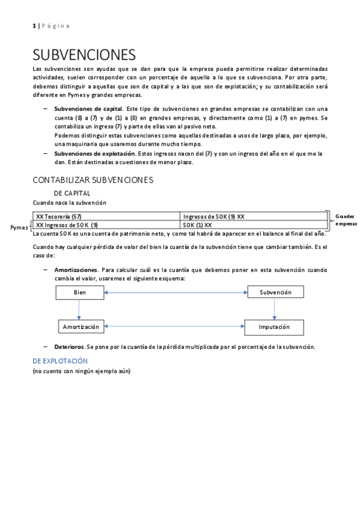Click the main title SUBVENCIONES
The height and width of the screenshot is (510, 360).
(84, 56)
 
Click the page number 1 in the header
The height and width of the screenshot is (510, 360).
(34, 25)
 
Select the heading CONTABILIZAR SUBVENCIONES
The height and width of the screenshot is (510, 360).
(93, 180)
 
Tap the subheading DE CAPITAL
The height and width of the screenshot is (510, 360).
(72, 193)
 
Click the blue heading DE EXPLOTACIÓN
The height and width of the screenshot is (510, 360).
(60, 361)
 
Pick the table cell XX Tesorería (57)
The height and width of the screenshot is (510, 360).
(59, 216)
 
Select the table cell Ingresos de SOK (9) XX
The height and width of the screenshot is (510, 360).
(213, 216)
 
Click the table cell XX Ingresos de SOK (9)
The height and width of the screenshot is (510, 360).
(67, 225)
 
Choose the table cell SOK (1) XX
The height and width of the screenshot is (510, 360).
(198, 225)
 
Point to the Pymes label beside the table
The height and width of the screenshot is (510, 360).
(20, 228)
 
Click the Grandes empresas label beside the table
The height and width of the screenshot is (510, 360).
(346, 220)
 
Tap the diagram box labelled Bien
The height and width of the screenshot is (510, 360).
(79, 292)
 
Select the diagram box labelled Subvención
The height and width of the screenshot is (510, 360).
(275, 292)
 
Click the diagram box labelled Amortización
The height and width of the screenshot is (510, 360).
(79, 327)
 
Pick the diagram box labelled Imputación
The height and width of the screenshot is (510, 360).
(275, 327)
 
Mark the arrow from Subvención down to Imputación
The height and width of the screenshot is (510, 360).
(275, 309)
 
